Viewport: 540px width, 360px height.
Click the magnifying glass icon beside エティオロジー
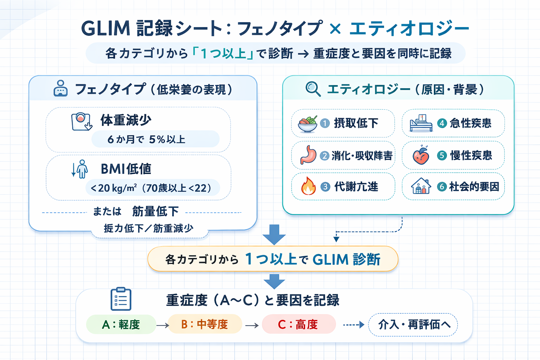point(313,89)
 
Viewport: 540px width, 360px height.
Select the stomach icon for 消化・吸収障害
point(308,155)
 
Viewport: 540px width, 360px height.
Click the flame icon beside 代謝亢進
point(308,186)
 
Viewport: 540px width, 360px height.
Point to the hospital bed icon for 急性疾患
point(421,123)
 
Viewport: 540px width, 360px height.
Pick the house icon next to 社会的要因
point(421,186)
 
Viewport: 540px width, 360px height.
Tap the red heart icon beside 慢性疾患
point(421,155)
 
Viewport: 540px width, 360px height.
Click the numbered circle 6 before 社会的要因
point(442,187)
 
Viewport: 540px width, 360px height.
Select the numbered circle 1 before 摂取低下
point(325,123)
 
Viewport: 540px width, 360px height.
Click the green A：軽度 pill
point(121,324)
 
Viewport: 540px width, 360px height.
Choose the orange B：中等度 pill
point(205,324)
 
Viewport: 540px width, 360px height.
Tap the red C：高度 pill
point(298,324)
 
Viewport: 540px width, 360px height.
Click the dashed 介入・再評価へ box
point(413,324)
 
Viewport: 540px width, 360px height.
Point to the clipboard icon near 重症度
point(121,299)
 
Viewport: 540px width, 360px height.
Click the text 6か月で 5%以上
point(147,140)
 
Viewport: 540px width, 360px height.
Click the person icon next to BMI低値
point(82,169)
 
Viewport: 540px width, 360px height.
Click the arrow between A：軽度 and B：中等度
point(162,326)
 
